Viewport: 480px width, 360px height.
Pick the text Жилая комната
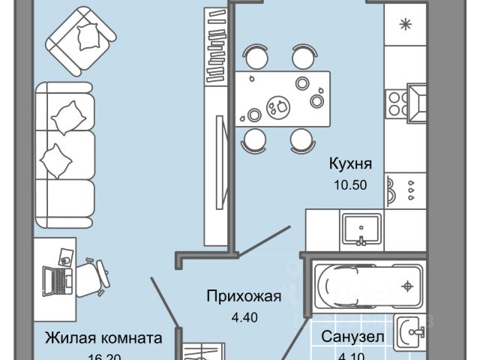point(103,337)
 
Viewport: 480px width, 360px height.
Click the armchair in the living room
point(80,40)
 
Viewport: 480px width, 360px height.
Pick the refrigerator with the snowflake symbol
point(406,25)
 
